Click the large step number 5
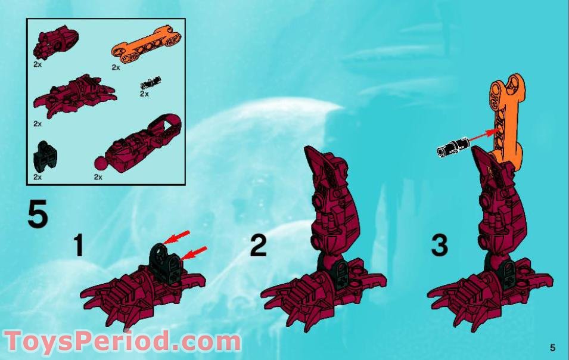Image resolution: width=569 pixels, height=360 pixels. (37, 216)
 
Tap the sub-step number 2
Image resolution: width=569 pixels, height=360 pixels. (257, 246)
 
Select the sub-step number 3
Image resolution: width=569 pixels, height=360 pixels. (439, 246)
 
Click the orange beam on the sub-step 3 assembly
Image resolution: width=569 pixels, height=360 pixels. (505, 119)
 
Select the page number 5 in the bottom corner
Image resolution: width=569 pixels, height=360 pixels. (552, 347)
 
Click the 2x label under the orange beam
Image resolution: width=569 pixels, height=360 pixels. (116, 67)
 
